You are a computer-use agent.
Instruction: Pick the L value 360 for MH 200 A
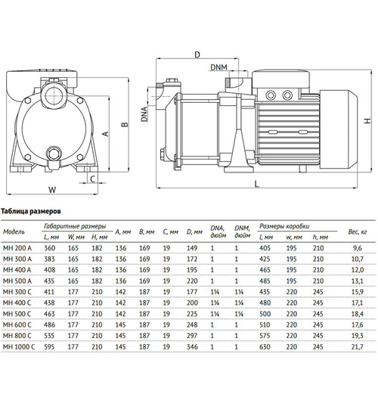pyautogui.click(x=49, y=247)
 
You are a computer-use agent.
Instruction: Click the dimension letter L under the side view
pyautogui.click(x=257, y=184)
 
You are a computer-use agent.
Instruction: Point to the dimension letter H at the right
pyautogui.click(x=366, y=121)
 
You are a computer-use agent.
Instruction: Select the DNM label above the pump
pyautogui.click(x=220, y=67)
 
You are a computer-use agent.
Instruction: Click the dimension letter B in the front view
pyautogui.click(x=122, y=125)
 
